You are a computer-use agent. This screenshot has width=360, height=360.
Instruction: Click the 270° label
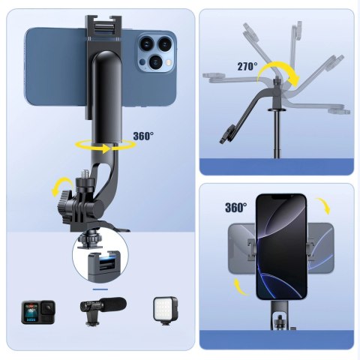[247, 67]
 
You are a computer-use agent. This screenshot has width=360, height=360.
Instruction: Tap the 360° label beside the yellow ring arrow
[142, 136]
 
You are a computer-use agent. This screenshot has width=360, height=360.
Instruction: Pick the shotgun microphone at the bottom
[102, 309]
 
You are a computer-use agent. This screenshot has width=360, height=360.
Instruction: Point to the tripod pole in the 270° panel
[280, 135]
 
